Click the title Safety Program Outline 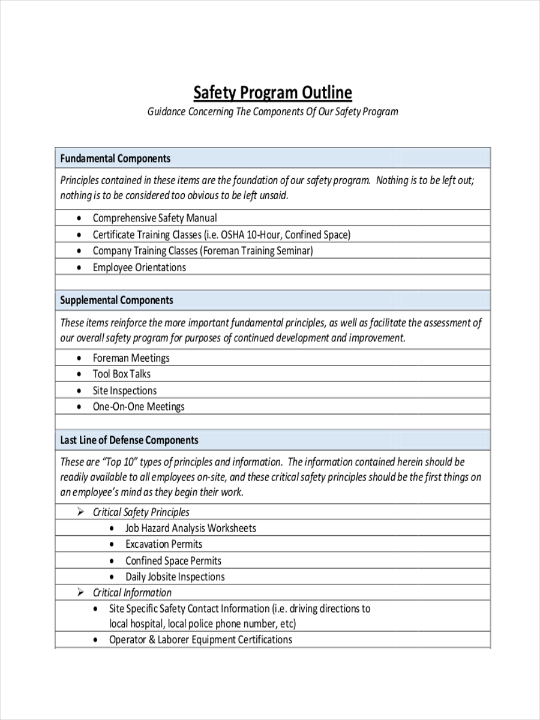point(272,93)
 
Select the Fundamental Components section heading point(115,158)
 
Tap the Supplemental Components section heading point(116,300)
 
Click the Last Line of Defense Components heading point(129,440)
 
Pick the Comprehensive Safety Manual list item point(155,218)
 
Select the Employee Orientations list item point(139,268)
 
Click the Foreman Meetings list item point(131,358)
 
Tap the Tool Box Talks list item point(121,374)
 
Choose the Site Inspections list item point(124,391)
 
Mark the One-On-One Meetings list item point(139,407)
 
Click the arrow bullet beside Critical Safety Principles point(80,512)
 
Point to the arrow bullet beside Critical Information point(80,592)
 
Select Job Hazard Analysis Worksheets point(190,529)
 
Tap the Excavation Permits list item point(164,544)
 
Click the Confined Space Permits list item point(173,561)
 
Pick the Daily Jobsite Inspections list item point(175,577)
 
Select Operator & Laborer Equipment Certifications point(200,640)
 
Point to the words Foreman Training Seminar point(257,251)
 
